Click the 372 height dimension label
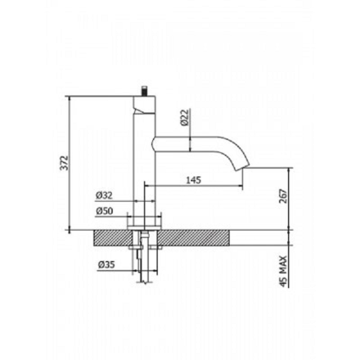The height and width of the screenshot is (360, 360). tap(64, 163)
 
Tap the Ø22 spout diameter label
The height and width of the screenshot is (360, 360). tap(185, 118)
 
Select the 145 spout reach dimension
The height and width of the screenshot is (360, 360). tap(193, 180)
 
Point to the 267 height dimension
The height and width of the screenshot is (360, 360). tap(283, 196)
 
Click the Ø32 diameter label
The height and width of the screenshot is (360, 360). tap(104, 196)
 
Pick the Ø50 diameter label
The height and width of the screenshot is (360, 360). tap(104, 211)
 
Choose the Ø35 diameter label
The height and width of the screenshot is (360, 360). tap(106, 265)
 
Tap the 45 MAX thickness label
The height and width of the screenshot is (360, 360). tap(284, 271)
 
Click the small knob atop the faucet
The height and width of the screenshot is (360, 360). tap(145, 91)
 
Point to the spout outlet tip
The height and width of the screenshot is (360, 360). tap(242, 167)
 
